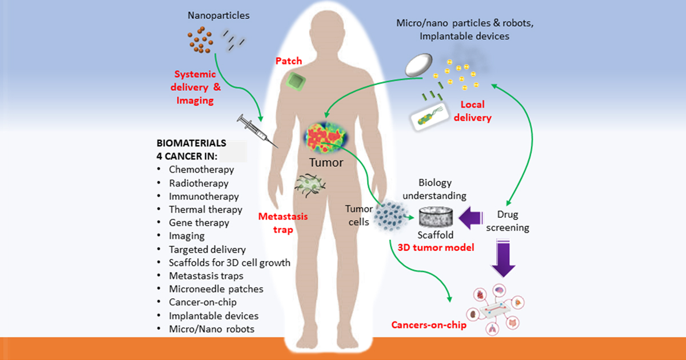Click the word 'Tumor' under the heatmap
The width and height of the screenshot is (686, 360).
[326, 163]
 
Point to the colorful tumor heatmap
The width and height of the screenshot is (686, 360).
[326, 137]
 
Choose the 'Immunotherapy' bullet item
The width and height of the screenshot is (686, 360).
[204, 196]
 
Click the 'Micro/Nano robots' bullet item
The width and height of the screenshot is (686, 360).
[212, 329]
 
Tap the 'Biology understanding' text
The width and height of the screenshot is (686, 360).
[434, 189]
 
